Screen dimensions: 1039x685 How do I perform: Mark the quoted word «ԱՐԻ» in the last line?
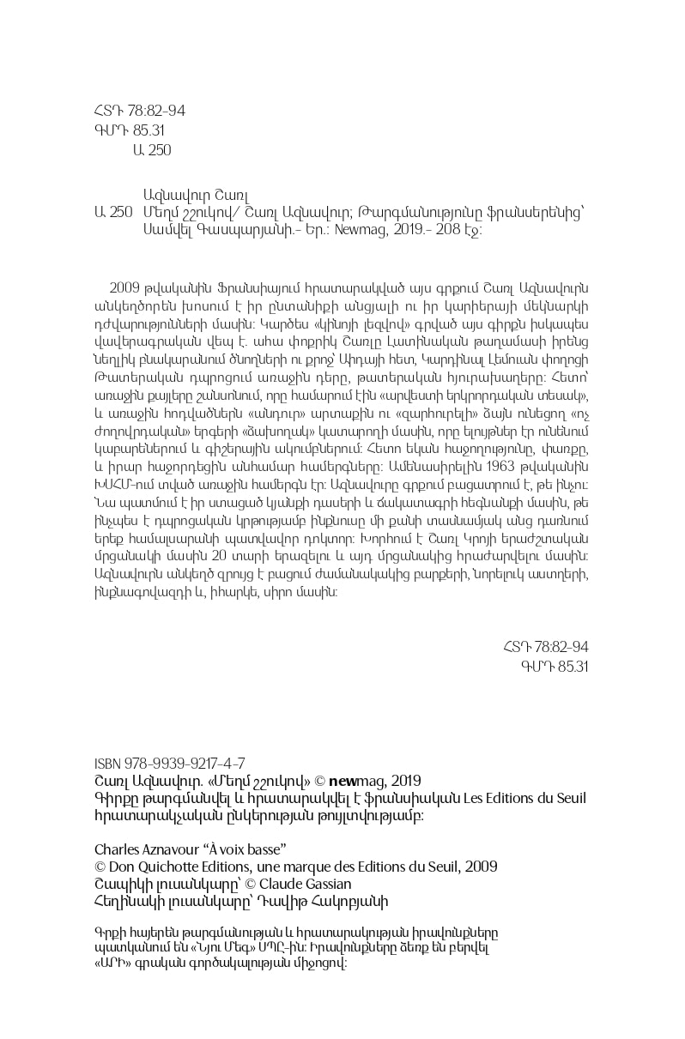[111, 963]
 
